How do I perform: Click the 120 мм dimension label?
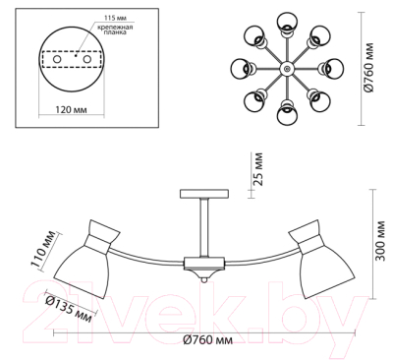(x=71, y=109)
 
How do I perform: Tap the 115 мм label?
(x=115, y=18)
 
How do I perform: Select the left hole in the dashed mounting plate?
(x=57, y=59)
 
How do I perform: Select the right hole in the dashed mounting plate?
(x=86, y=59)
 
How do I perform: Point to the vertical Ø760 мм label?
(x=369, y=68)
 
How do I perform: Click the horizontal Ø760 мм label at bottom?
(x=208, y=340)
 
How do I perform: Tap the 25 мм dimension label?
(x=258, y=169)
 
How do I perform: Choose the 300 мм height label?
(x=380, y=241)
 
